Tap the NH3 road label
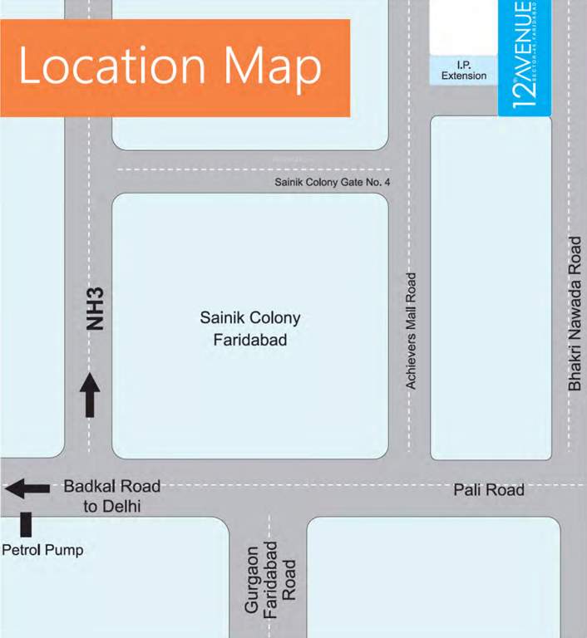(x=96, y=309)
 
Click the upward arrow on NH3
(x=90, y=395)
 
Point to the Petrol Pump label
(x=42, y=550)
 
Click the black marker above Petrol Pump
(x=26, y=524)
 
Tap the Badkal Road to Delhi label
(x=112, y=496)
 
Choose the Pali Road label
(x=489, y=490)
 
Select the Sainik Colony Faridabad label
(x=249, y=329)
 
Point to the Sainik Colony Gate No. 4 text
(x=332, y=183)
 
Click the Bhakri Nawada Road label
(x=575, y=313)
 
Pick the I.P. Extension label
(x=464, y=71)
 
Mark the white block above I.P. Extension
(x=462, y=27)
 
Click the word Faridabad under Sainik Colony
(x=249, y=340)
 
